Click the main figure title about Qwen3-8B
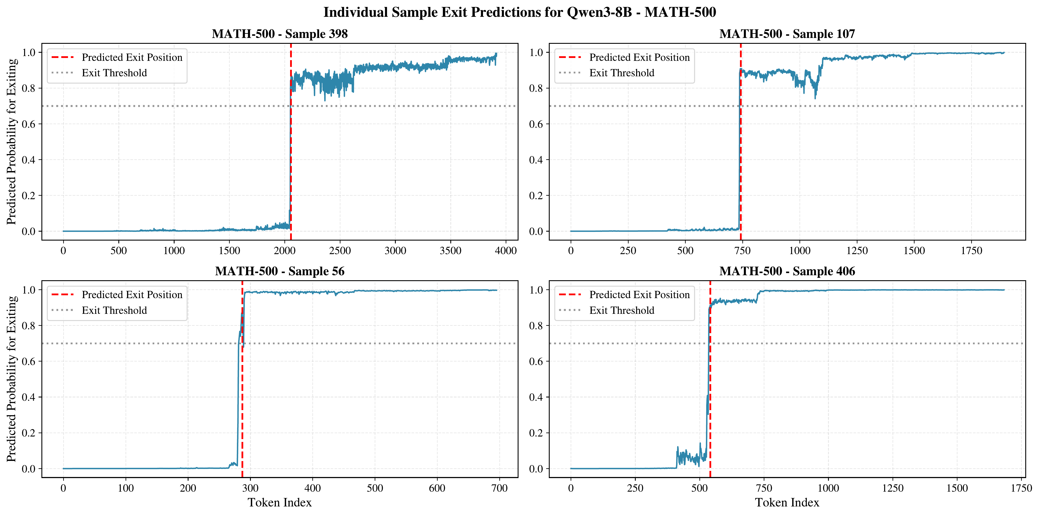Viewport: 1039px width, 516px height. [x=520, y=12]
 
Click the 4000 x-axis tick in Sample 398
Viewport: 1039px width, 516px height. [x=505, y=251]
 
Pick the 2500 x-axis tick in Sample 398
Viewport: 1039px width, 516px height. [x=340, y=251]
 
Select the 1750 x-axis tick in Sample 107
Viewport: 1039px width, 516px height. [x=971, y=251]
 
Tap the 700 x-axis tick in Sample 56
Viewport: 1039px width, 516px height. [x=499, y=488]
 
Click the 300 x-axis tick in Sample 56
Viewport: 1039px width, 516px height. [x=250, y=488]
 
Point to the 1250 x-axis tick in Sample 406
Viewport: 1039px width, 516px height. [x=893, y=488]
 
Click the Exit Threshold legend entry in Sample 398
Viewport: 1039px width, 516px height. [x=114, y=73]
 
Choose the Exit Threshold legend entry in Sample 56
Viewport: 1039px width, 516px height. [x=114, y=310]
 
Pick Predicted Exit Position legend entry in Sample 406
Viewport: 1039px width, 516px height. [x=639, y=295]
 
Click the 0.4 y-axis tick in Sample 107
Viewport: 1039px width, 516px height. [x=536, y=160]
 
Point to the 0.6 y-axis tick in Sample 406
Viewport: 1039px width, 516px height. [x=536, y=362]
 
